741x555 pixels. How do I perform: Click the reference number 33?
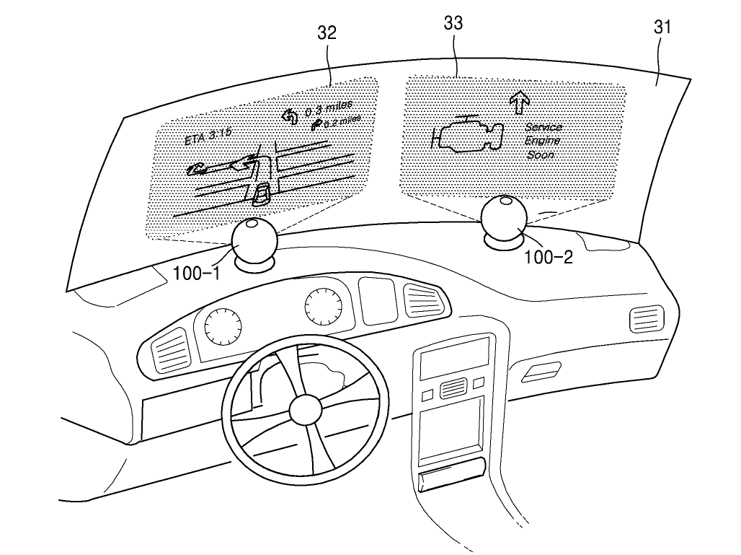453,23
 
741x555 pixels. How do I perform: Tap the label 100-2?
548,257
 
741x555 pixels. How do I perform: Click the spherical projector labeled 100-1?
254,242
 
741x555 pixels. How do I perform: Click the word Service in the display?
543,128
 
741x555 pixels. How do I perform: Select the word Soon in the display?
543,154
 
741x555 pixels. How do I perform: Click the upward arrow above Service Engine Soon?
516,102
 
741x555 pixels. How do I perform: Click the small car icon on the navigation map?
262,193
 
